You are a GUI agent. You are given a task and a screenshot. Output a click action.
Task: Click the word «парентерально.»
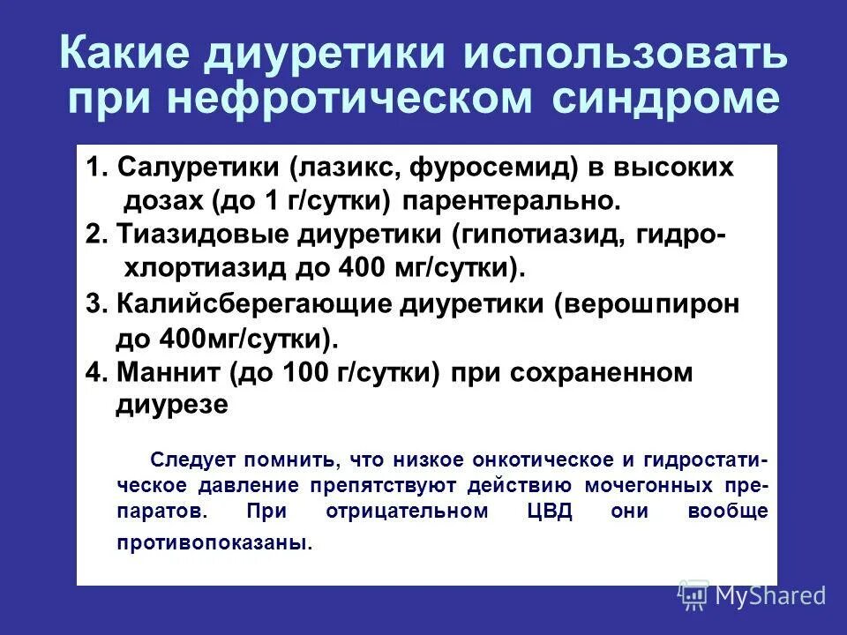512,200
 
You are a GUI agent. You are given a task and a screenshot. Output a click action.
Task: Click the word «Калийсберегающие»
256,303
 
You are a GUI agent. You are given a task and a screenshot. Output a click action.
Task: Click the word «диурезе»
173,404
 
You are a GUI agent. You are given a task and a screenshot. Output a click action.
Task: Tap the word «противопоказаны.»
214,542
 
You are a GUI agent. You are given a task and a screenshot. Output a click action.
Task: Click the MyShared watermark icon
693,595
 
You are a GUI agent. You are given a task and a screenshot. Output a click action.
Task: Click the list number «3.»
95,303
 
